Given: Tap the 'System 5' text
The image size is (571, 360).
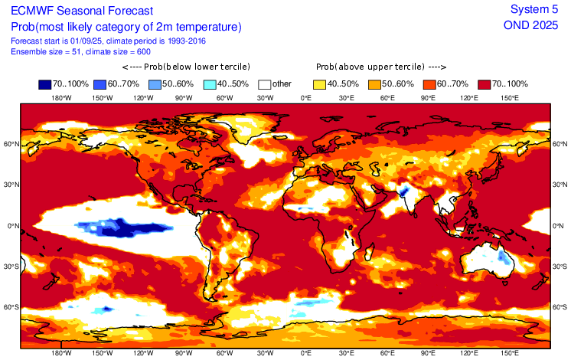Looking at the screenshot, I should (x=533, y=9).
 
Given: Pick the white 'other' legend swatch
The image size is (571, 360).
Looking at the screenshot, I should (x=264, y=84).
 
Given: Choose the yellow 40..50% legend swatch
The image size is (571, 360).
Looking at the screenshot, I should (x=320, y=84).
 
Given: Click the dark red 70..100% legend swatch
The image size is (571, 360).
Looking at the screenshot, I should (x=485, y=84).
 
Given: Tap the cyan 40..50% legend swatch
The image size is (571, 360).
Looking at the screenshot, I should (x=210, y=84).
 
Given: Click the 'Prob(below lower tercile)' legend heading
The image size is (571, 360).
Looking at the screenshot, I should (x=180, y=67).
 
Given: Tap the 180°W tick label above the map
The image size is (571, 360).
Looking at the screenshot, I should (x=61, y=98).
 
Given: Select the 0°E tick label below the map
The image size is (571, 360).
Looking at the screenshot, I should (x=305, y=353).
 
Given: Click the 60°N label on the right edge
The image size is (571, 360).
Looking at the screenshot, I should (x=560, y=143).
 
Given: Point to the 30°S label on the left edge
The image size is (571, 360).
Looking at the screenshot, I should (x=11, y=267).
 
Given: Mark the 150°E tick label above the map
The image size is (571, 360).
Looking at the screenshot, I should (x=509, y=98).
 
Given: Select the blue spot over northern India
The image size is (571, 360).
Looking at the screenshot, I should (x=403, y=188).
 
